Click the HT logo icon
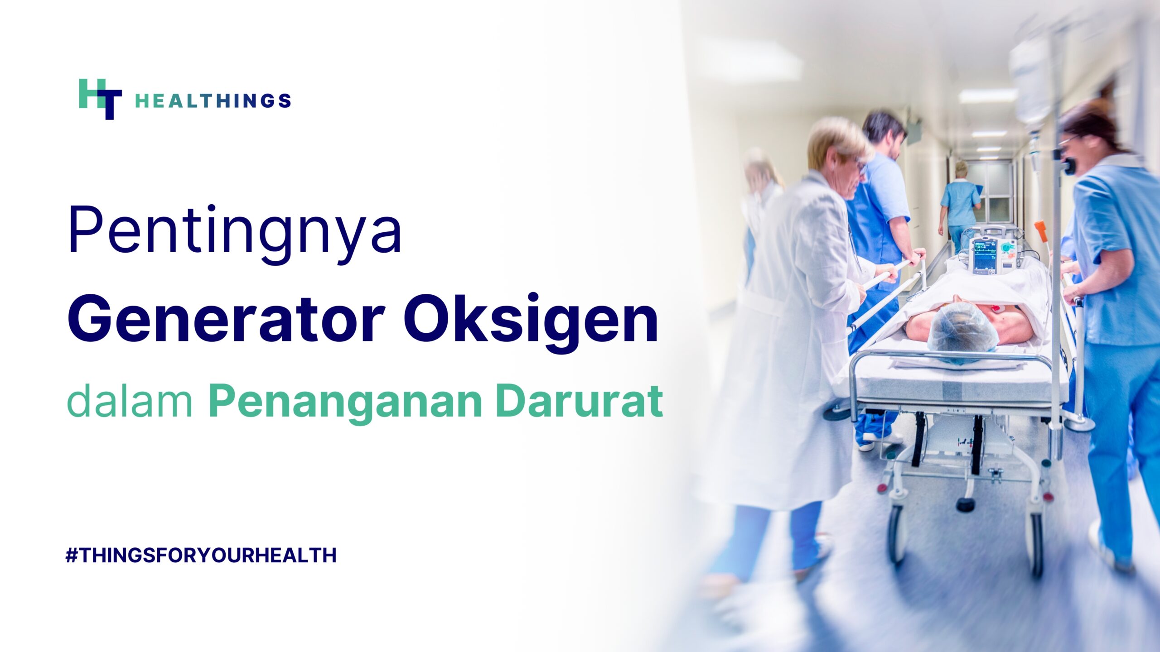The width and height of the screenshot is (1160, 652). [100, 99]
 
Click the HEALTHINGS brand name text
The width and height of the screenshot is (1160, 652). [213, 101]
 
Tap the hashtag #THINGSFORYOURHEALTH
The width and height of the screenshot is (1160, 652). [201, 555]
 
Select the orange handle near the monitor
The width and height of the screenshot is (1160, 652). [1041, 231]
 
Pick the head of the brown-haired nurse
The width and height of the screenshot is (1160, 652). [1092, 136]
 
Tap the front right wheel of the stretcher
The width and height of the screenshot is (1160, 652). [1037, 545]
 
